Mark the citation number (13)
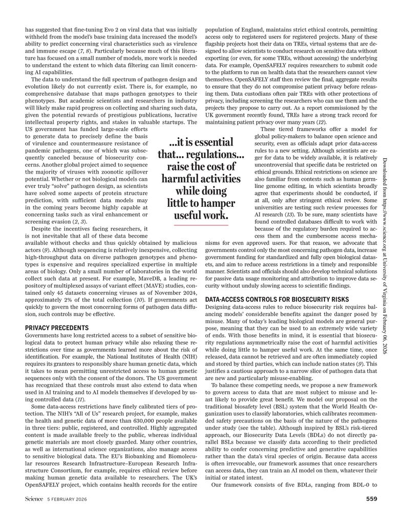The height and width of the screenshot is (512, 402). click(293, 214)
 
